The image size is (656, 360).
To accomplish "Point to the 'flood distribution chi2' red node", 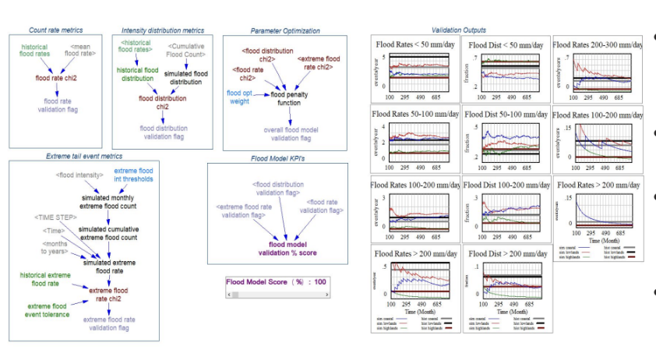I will click(x=163, y=102).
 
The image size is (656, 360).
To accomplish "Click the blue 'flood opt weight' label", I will click(x=238, y=97).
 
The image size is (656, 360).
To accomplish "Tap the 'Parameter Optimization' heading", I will click(x=285, y=30).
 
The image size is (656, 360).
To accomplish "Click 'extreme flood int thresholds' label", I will click(x=134, y=175).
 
